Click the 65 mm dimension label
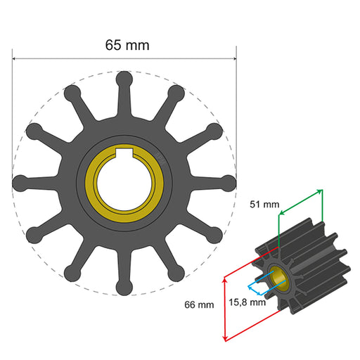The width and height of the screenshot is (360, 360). [x=127, y=44]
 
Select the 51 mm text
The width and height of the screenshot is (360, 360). [x=265, y=205]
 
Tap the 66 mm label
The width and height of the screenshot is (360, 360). [x=199, y=304]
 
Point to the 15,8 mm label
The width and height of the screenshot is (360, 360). [x=247, y=303]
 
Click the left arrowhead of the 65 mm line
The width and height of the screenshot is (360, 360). [x=15, y=59]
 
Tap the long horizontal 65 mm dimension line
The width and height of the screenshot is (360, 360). [x=70, y=59]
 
